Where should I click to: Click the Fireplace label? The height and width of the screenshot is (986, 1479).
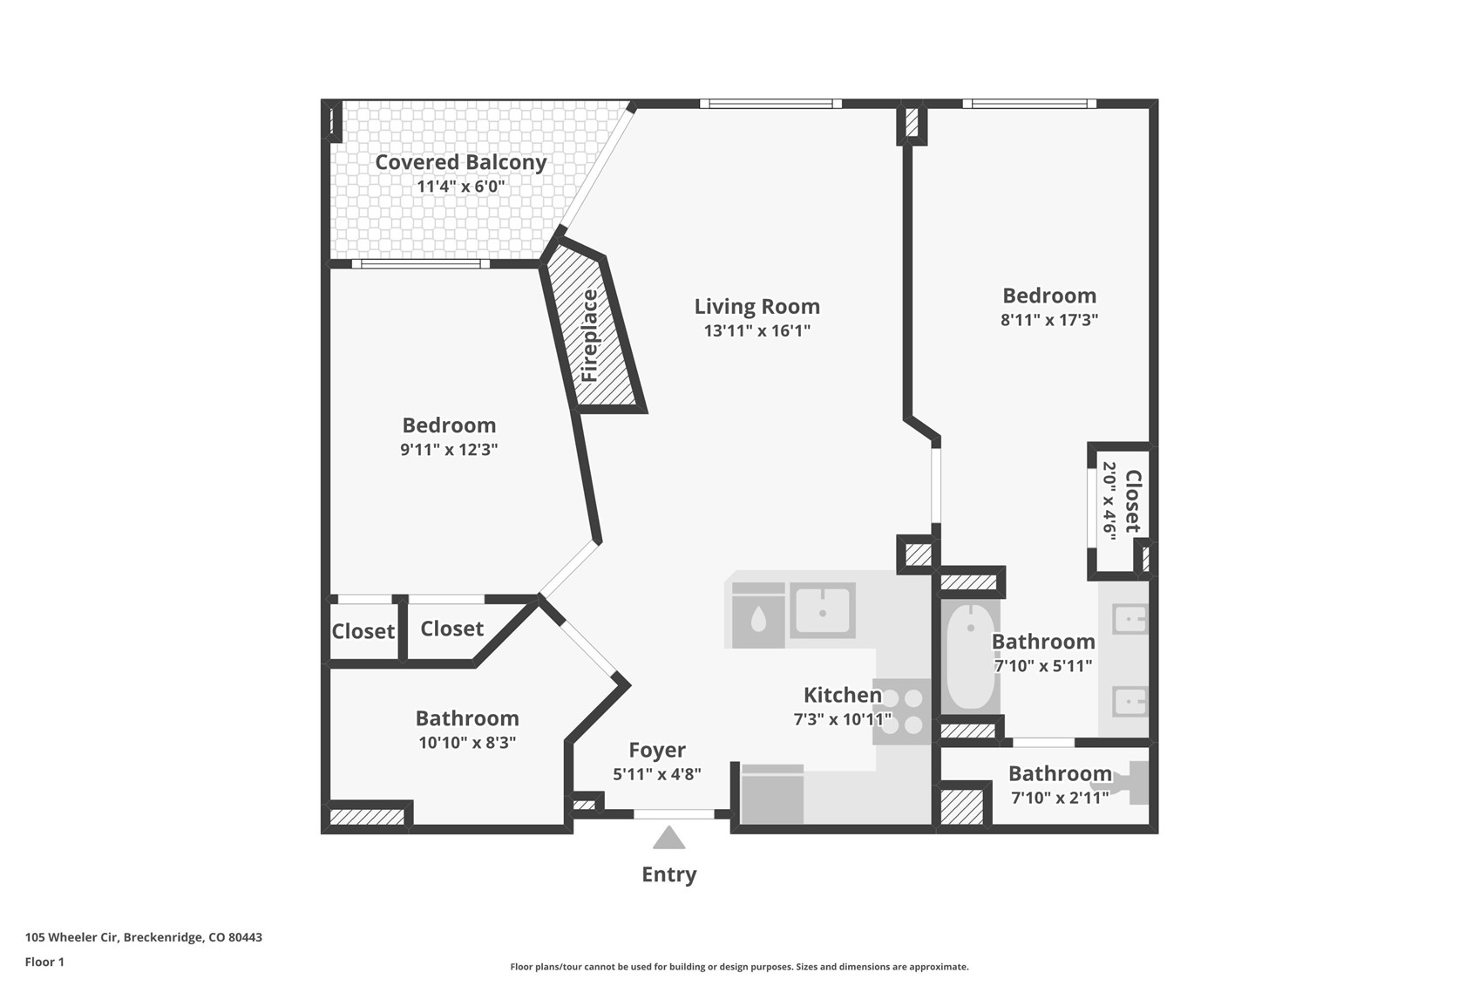590,336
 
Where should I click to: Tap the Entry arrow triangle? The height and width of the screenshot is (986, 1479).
668,838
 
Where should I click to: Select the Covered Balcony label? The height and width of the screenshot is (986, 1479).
460,162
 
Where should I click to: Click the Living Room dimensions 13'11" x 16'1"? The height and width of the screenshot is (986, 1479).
756,330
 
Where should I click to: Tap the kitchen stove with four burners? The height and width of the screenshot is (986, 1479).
902,711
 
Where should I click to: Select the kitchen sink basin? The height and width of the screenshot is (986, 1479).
822,610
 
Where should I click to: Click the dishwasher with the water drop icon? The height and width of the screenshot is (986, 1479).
758,616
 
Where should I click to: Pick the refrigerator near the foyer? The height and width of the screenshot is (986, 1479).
771,794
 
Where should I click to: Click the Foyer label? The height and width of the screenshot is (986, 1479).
657,750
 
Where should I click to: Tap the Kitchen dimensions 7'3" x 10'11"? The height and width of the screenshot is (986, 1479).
842,719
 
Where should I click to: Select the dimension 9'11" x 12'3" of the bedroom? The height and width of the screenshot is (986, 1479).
449,450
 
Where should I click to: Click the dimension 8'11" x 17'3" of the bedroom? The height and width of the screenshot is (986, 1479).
1048,320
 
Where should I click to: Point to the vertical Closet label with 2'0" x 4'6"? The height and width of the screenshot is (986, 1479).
1132,501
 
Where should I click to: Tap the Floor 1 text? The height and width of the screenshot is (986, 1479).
44,962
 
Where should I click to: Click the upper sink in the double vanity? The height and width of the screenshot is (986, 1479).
1130,620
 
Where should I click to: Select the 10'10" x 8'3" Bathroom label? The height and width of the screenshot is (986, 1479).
466,718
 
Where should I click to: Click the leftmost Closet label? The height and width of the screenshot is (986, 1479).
363,631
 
